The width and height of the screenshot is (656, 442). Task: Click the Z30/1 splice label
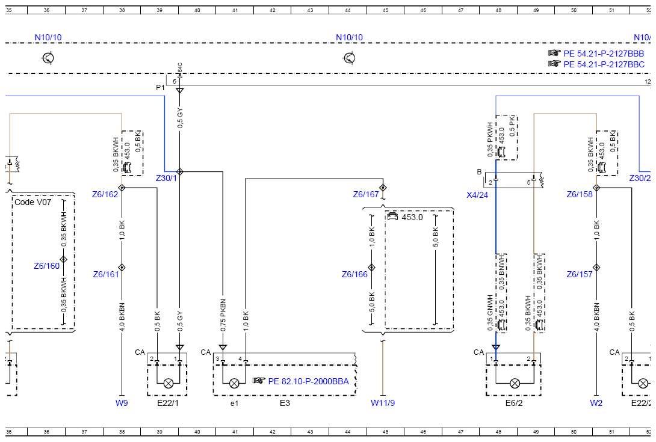pyautogui.click(x=166, y=178)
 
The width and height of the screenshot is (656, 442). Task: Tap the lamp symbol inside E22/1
pyautogui.click(x=168, y=383)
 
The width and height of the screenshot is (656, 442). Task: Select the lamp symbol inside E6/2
pyautogui.click(x=515, y=383)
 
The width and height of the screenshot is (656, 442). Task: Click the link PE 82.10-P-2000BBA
pyautogui.click(x=308, y=381)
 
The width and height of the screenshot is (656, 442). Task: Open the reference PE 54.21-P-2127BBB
pyautogui.click(x=604, y=54)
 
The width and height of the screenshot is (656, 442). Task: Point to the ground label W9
pyautogui.click(x=122, y=403)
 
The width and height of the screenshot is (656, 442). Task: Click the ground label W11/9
pyautogui.click(x=383, y=403)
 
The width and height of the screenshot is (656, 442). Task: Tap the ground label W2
pyautogui.click(x=596, y=403)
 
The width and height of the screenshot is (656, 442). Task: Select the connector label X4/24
pyautogui.click(x=477, y=195)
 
